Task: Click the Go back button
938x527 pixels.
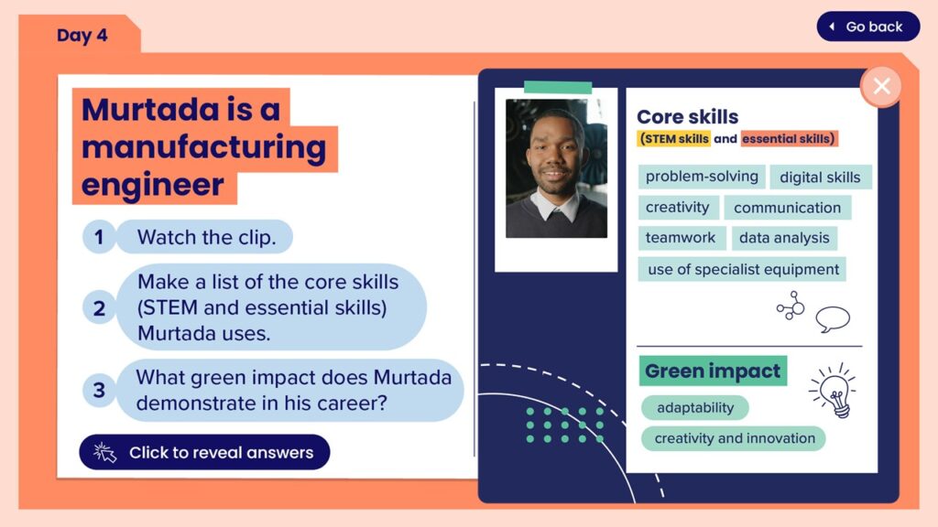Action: (x=868, y=27)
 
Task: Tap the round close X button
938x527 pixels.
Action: (x=881, y=87)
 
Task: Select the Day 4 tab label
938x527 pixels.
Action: (x=82, y=36)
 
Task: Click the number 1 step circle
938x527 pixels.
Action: (x=99, y=237)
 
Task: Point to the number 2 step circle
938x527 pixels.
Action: (x=99, y=308)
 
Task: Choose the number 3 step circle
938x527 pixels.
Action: (x=99, y=390)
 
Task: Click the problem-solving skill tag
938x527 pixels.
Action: (x=702, y=177)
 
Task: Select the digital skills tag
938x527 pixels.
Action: (x=820, y=177)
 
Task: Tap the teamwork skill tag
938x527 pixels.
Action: (x=681, y=238)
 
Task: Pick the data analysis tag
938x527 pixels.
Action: (x=784, y=238)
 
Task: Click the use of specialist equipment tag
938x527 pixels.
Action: (x=742, y=269)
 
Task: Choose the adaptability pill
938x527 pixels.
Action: (x=695, y=407)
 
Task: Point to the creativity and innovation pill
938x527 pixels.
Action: (x=734, y=438)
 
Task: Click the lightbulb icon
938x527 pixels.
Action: (x=834, y=391)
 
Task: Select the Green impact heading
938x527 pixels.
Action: (x=713, y=371)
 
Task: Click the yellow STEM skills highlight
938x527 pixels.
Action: (x=673, y=139)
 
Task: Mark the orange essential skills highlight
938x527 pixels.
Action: (x=789, y=139)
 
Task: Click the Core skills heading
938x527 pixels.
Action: (x=687, y=116)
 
